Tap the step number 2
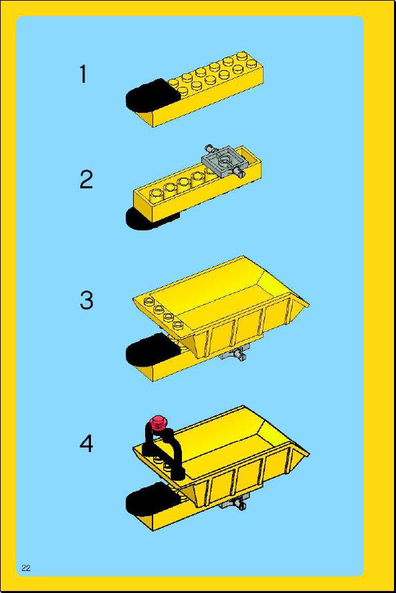(86, 180)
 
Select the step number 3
(86, 301)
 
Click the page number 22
(26, 568)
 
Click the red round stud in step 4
(159, 423)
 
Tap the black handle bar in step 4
(164, 452)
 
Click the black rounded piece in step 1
(149, 96)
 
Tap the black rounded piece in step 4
(150, 500)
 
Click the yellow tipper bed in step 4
(227, 457)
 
